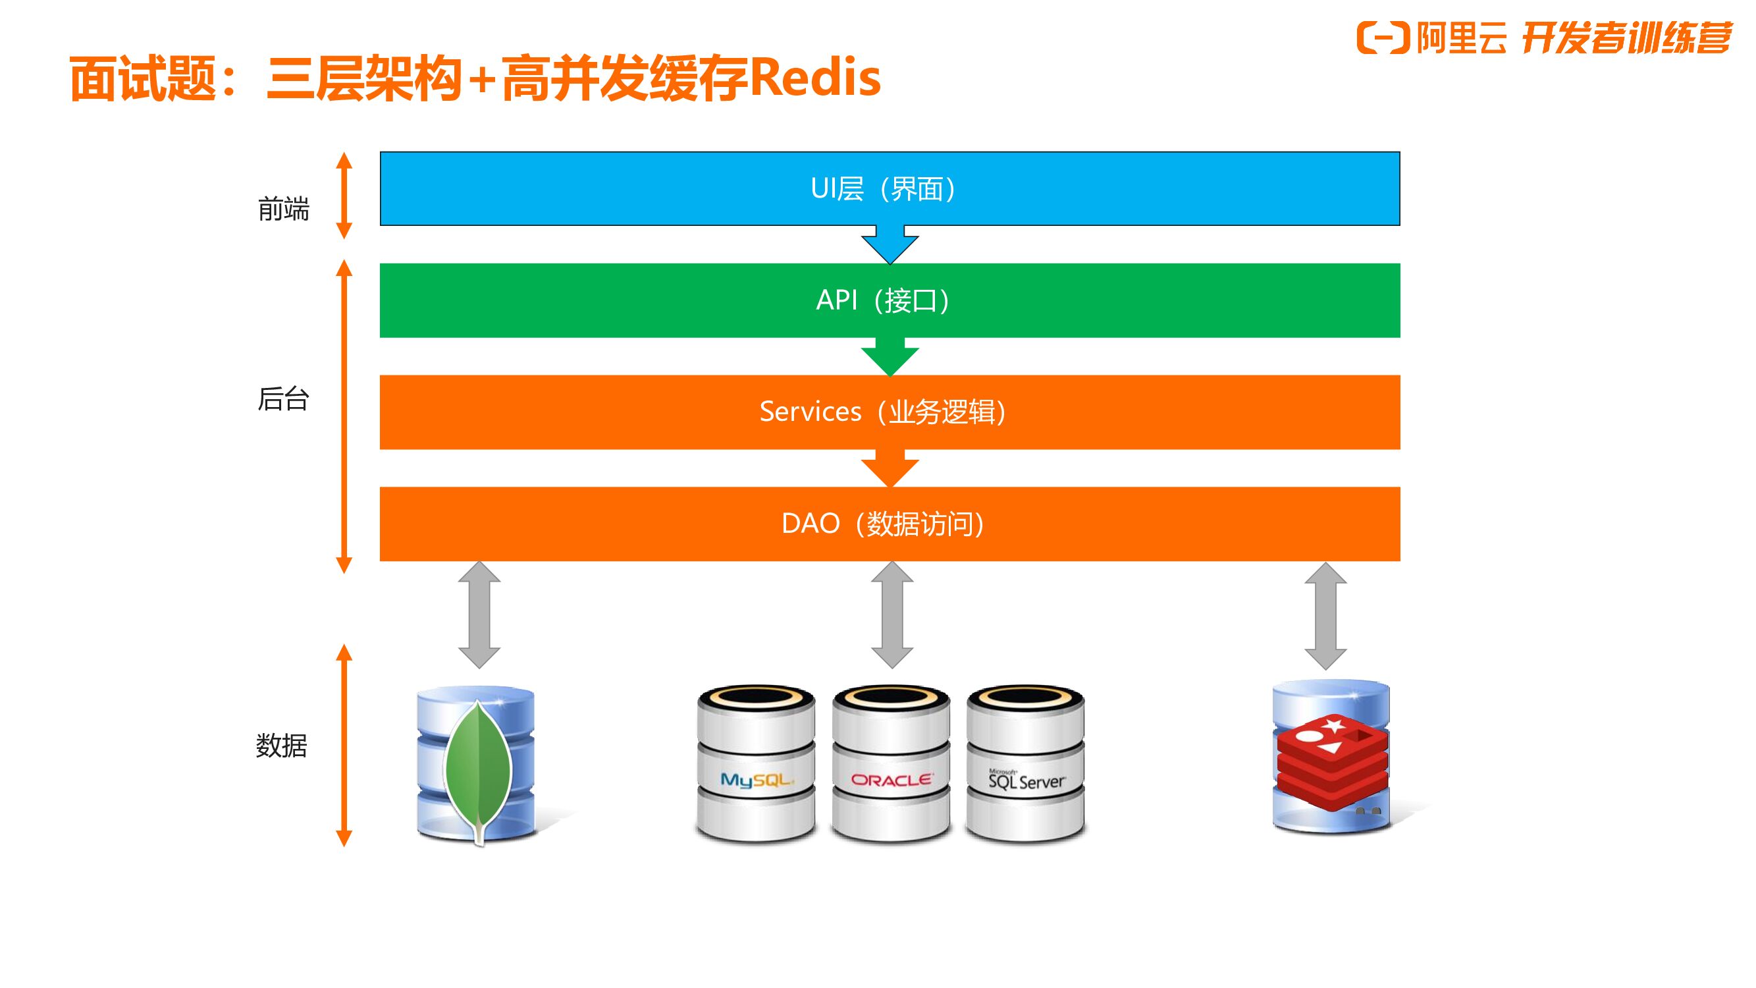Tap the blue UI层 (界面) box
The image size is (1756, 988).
point(890,189)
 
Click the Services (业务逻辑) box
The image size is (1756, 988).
point(890,412)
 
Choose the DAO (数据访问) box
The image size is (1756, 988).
point(890,524)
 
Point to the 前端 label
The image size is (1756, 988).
point(284,209)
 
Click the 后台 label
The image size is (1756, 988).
point(284,399)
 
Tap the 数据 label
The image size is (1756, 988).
point(282,745)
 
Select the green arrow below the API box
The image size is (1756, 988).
point(890,356)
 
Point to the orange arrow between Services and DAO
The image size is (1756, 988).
point(890,468)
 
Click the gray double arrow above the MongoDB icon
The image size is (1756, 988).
point(479,615)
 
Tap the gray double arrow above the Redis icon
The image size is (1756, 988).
point(1325,615)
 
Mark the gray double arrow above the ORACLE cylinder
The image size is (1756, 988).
point(891,615)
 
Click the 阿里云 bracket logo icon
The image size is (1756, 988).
point(1383,38)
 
